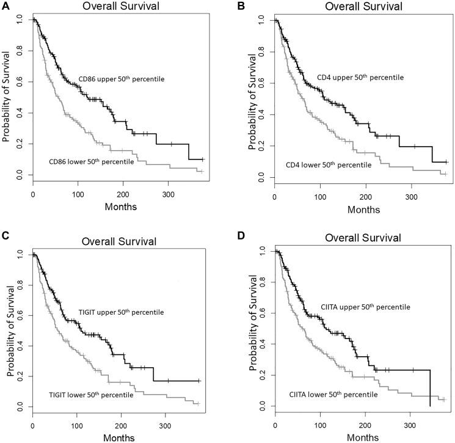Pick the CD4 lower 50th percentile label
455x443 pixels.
click(328, 165)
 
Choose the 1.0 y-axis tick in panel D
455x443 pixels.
click(263, 251)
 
